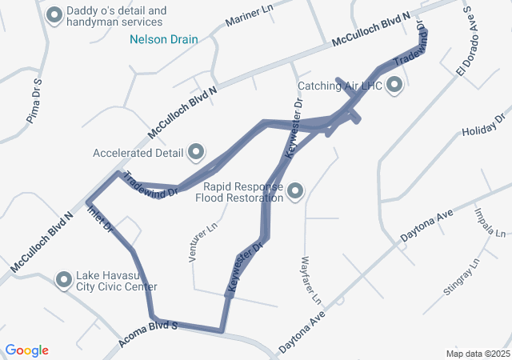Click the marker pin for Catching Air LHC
[x=394, y=85]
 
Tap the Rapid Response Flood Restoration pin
[x=295, y=190]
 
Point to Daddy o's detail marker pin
[x=55, y=15]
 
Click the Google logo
[x=27, y=350]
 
